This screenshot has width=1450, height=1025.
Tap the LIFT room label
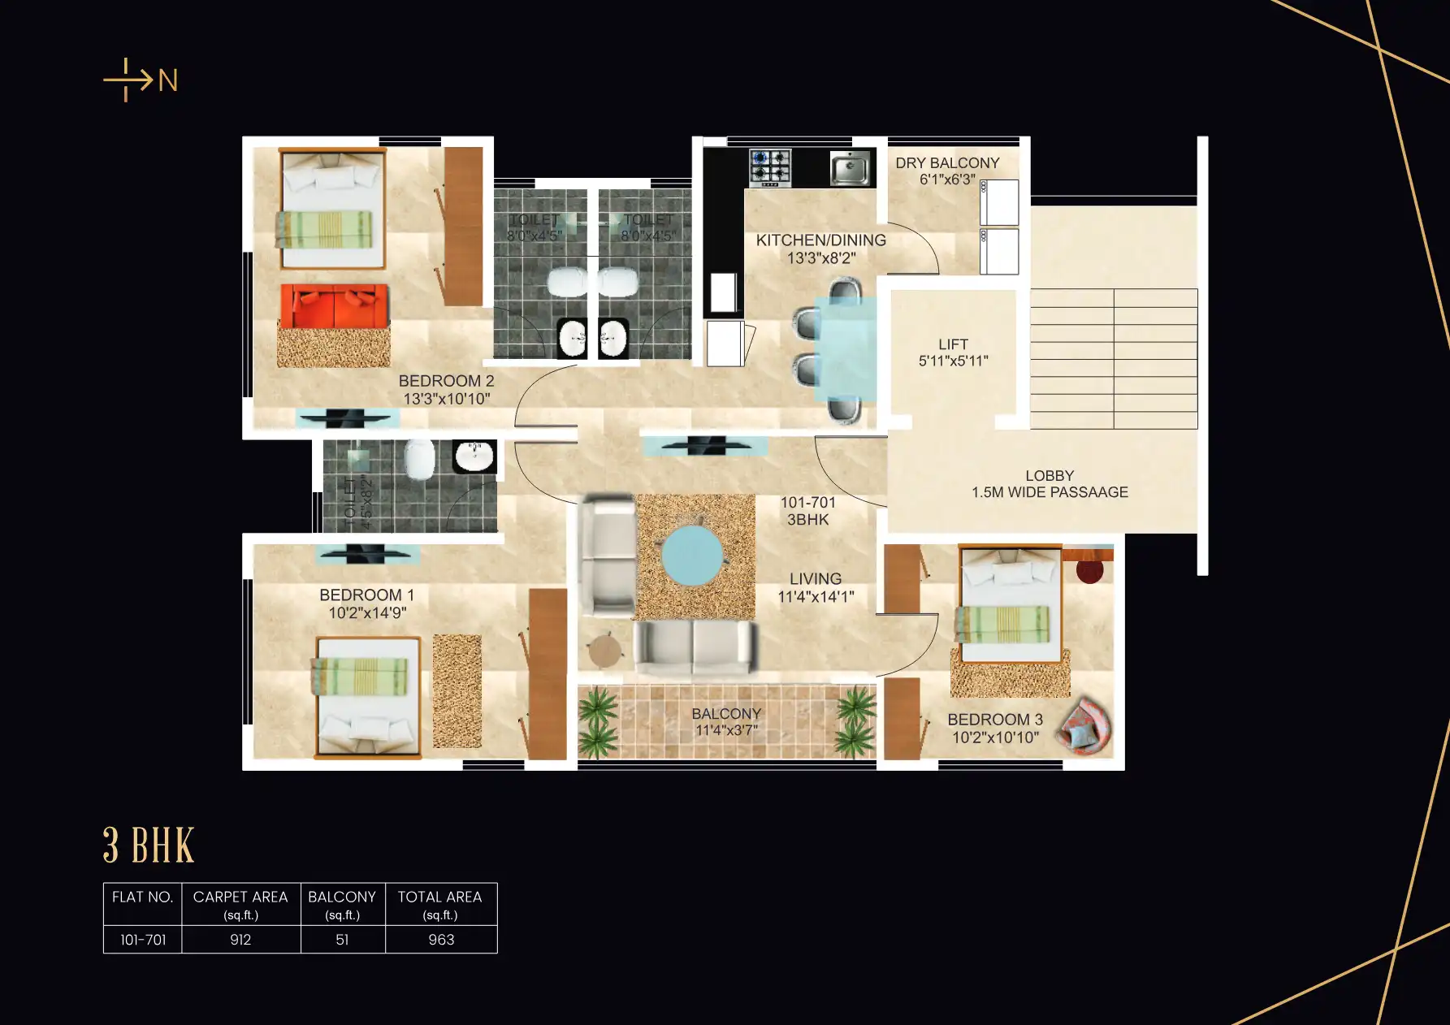(x=953, y=344)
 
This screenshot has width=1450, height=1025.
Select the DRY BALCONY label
(x=947, y=163)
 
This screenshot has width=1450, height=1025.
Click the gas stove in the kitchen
(x=769, y=167)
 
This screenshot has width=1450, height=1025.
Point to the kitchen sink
(x=850, y=169)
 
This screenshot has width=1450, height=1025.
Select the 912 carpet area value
(x=240, y=940)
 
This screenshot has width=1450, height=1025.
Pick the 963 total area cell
(x=441, y=940)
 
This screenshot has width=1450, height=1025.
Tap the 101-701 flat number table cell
(x=143, y=940)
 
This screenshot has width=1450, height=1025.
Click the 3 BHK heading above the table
(x=149, y=846)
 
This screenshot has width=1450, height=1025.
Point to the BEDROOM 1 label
(x=366, y=595)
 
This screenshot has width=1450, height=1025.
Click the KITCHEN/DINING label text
(x=820, y=240)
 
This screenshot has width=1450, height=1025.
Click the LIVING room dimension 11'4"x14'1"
(x=816, y=597)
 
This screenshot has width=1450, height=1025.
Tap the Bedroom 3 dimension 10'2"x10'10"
(x=995, y=737)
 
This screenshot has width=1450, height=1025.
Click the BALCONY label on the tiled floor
(x=726, y=714)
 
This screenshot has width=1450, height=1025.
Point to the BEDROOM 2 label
(x=446, y=381)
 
